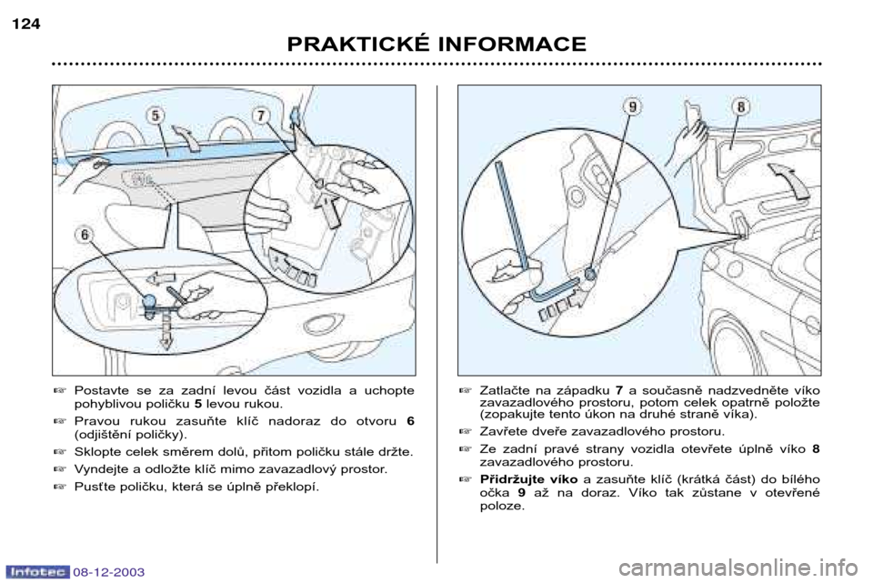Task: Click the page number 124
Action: tap(25, 25)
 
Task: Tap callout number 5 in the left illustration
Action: tap(156, 116)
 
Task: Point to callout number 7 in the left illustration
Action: tap(260, 116)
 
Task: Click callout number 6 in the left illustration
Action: tap(85, 236)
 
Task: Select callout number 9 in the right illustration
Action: tap(633, 106)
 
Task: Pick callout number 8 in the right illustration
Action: tap(741, 106)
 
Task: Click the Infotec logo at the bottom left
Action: tap(38, 571)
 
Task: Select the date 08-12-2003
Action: tap(108, 572)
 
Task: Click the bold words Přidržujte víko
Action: tap(528, 479)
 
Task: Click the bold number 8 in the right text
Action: tap(816, 448)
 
